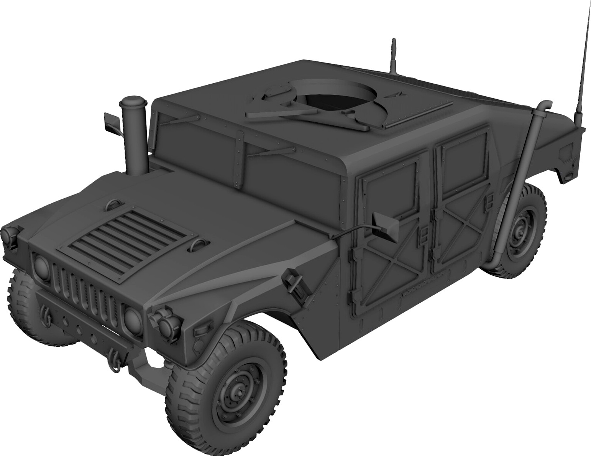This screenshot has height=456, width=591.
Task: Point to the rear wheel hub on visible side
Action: [x=521, y=232]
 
